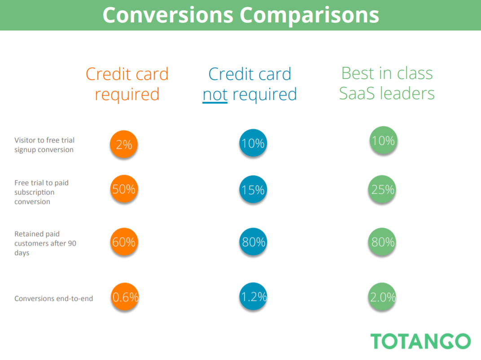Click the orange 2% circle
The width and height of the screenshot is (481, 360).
click(124, 144)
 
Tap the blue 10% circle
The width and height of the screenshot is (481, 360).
click(253, 143)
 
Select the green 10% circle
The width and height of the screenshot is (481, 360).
click(383, 140)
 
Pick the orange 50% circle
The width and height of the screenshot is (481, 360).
click(124, 189)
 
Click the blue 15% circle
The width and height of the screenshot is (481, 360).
click(253, 189)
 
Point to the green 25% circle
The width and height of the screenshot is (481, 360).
click(382, 189)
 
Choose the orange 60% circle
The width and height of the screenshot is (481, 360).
click(124, 242)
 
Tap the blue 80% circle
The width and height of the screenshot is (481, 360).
click(253, 242)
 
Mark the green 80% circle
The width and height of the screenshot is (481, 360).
click(382, 242)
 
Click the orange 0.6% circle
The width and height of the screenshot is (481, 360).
click(125, 297)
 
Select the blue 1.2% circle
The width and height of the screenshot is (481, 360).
click(253, 296)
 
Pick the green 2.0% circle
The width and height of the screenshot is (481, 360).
click(382, 297)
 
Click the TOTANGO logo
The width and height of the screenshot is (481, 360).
click(420, 341)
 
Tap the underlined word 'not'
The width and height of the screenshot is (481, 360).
click(215, 95)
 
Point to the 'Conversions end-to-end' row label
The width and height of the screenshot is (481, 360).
click(54, 299)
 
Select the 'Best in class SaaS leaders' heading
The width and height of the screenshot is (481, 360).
click(387, 83)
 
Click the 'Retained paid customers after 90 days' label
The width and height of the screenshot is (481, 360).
click(45, 243)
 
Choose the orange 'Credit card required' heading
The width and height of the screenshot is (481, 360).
click(127, 84)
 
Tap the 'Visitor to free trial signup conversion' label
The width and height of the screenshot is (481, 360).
click(44, 145)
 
